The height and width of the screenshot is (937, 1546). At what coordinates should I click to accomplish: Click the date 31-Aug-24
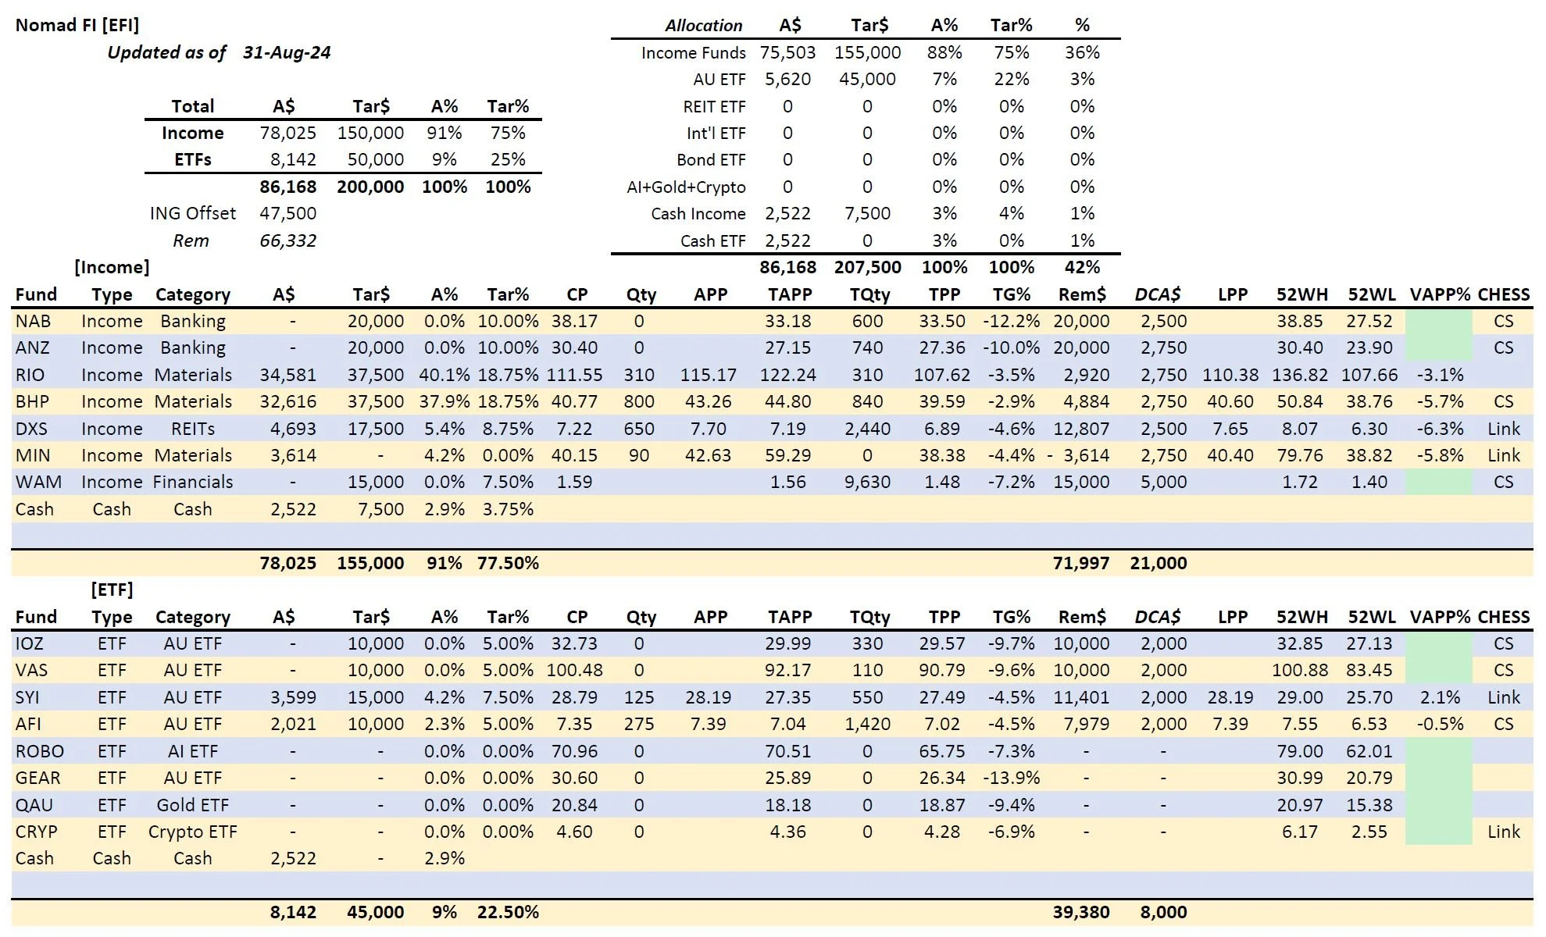287,52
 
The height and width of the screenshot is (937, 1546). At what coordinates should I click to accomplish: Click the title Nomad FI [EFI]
77,25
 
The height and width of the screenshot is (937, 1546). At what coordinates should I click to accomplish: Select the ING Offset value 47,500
288,213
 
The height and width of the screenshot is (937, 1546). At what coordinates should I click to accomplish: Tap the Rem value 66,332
288,240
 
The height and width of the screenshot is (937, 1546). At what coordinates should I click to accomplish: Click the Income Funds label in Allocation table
693,52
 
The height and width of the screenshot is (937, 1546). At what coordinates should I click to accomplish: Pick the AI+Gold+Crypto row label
686,187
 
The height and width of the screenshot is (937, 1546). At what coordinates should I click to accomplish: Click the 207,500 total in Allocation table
867,267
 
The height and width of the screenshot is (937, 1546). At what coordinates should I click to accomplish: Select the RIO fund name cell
30,375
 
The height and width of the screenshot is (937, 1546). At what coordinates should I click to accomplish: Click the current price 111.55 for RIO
574,375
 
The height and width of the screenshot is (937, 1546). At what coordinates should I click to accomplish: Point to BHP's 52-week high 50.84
1299,401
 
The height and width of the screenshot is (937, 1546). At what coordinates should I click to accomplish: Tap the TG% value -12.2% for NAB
1012,321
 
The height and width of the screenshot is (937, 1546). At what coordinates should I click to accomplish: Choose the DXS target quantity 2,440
867,429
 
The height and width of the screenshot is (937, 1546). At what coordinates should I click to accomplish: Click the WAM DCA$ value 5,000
1163,482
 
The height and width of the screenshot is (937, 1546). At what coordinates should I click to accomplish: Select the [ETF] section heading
112,590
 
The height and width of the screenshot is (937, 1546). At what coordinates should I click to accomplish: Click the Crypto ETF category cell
192,832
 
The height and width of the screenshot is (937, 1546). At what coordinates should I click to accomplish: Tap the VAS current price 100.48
574,670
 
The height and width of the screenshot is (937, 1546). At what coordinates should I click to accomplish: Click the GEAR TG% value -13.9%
1012,778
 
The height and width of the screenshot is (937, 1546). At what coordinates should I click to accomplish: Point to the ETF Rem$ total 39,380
1081,912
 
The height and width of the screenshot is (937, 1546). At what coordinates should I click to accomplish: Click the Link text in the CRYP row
1504,832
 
